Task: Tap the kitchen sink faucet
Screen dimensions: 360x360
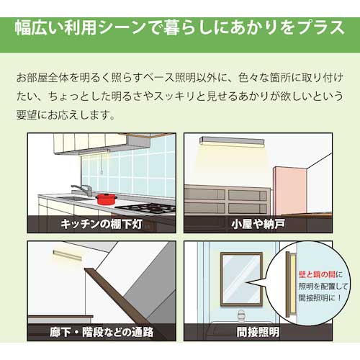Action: click(84, 189)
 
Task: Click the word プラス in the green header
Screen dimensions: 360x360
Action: click(318, 28)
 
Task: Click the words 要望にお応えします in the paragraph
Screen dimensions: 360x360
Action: click(71, 113)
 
